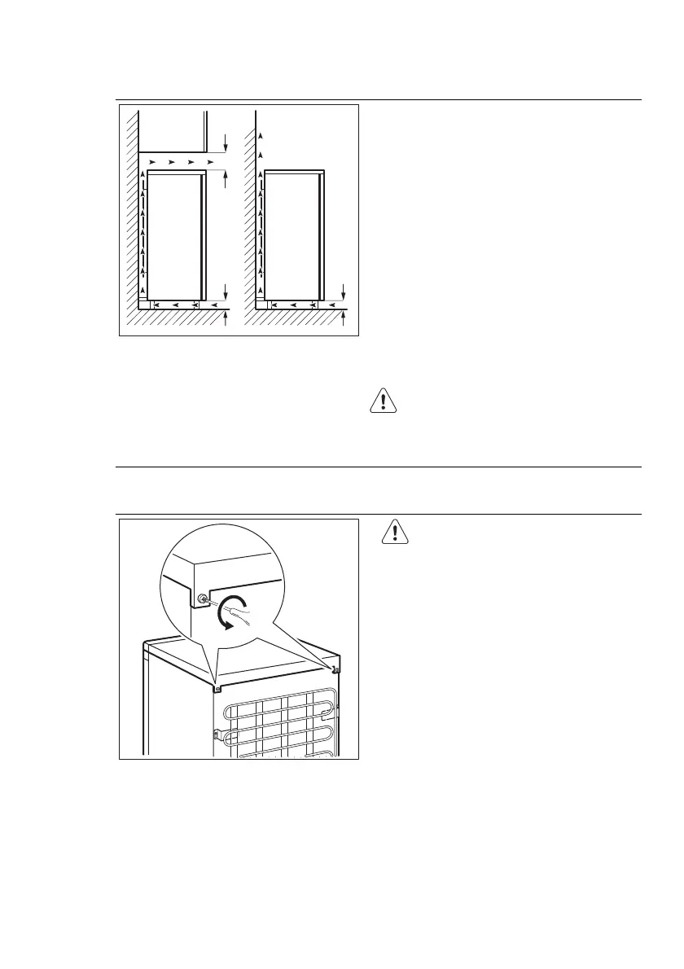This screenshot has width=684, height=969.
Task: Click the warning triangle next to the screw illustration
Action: click(x=396, y=533)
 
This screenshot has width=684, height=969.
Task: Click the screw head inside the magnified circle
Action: click(x=200, y=600)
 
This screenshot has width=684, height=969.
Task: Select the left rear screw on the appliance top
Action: click(x=217, y=687)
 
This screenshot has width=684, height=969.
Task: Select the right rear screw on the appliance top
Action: click(x=335, y=669)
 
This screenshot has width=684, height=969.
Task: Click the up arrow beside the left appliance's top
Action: click(x=225, y=180)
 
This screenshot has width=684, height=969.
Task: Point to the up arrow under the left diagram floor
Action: click(x=225, y=318)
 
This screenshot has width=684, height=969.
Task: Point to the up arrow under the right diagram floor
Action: click(x=344, y=318)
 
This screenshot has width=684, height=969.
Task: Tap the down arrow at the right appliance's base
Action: click(x=344, y=291)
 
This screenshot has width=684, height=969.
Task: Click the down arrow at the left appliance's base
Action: click(x=225, y=291)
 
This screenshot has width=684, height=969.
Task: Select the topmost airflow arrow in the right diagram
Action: click(x=261, y=134)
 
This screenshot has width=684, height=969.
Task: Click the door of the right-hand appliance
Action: click(x=323, y=235)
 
